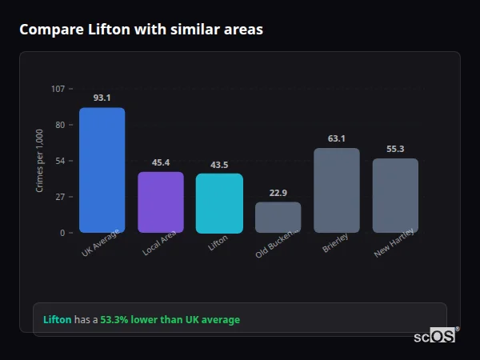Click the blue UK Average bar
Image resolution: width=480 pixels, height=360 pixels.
102,170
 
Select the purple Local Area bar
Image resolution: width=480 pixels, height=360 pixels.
161,202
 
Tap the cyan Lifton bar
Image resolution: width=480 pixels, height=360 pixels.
219,203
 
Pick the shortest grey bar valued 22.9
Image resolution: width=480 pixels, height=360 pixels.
278,217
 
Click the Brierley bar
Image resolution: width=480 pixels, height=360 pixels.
337,190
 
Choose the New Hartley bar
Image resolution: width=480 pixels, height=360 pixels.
395,195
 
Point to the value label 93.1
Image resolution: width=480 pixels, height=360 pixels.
102,98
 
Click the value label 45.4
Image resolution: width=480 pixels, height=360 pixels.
161,162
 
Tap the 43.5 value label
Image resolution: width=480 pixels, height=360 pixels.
219,165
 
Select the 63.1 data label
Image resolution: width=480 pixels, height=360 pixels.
337,138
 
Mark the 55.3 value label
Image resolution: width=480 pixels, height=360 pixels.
395,149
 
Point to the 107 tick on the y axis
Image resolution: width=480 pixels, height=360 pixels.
58,89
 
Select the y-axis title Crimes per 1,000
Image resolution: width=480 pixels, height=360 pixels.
40,161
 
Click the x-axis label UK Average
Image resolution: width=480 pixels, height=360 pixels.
100,244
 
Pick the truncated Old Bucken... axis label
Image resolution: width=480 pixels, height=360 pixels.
277,245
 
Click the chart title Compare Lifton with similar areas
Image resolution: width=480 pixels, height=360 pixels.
141,30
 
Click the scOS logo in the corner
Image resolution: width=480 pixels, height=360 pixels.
435,336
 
